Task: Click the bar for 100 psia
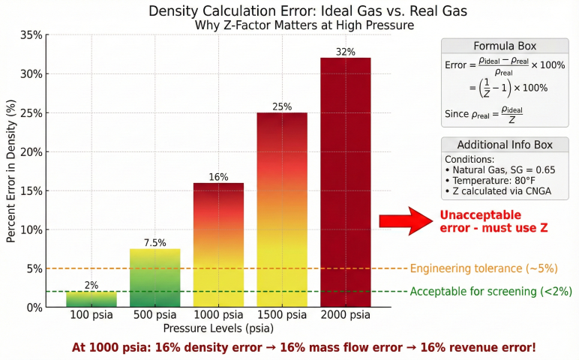(91, 299)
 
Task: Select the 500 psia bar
(154, 277)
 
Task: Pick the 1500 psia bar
(282, 210)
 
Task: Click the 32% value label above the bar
(346, 52)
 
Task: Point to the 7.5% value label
(154, 243)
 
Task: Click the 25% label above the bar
(282, 106)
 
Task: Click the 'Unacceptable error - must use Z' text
(490, 220)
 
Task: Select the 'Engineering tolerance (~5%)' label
(484, 268)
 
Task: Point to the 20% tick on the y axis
(31, 152)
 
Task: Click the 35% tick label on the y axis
(31, 35)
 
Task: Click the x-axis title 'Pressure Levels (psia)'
(218, 328)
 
